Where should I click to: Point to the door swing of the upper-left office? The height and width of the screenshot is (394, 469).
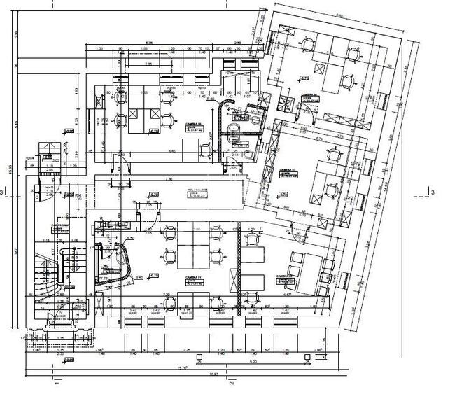121,162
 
